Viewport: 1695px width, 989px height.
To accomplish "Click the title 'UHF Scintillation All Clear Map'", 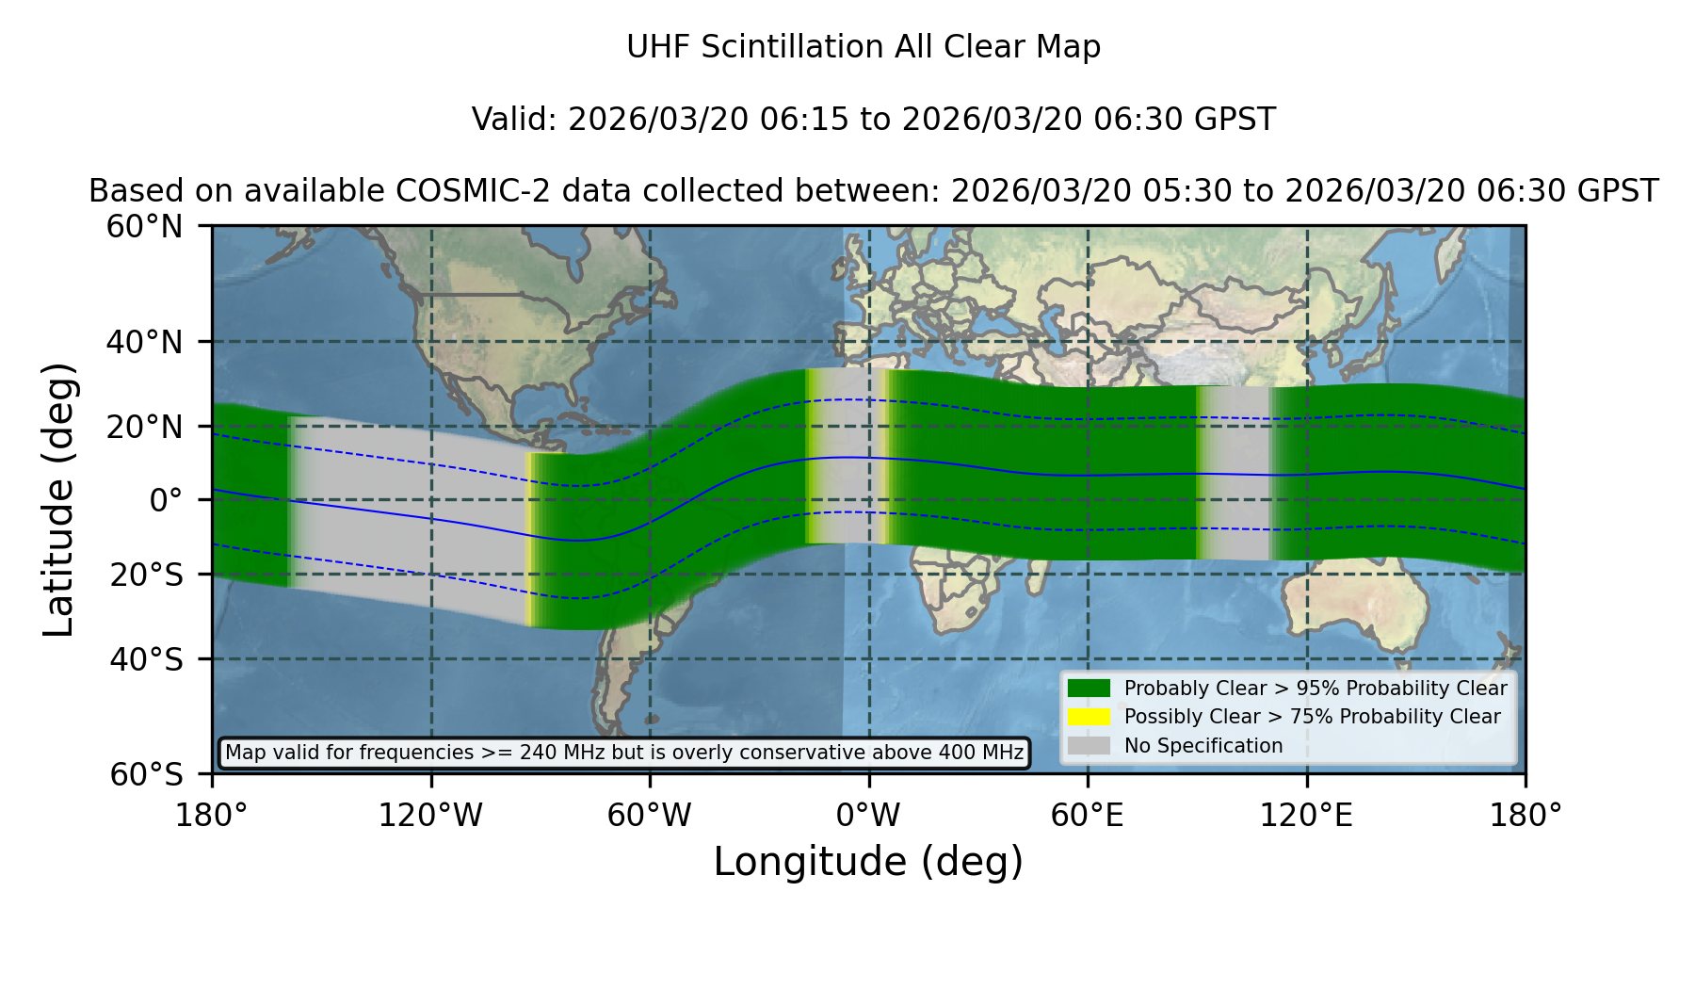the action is [864, 47].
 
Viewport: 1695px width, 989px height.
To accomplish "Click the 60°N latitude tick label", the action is [144, 227].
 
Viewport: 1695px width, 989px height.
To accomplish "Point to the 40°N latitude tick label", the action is [144, 342].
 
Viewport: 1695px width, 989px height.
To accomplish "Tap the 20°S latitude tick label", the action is [146, 575].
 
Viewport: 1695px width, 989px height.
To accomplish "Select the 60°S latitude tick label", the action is [146, 775].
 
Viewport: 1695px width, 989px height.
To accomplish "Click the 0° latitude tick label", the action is [166, 500].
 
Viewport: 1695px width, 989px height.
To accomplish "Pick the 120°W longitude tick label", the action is [430, 815].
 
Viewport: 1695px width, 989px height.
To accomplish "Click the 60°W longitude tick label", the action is [650, 815].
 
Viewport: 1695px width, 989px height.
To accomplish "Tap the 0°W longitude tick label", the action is [868, 815].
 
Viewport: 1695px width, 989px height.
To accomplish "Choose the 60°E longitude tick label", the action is [1088, 815].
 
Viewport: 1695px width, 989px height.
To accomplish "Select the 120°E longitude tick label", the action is [1307, 815].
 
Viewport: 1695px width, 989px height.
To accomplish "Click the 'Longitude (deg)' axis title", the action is [868, 862].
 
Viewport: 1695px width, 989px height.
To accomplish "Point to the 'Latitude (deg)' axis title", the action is [58, 499].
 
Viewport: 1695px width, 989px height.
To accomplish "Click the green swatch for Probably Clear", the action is [1090, 689].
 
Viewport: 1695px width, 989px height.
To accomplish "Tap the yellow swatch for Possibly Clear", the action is [1090, 717].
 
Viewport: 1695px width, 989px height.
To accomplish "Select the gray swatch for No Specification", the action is [1090, 746].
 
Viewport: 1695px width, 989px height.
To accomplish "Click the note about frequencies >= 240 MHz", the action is [624, 753].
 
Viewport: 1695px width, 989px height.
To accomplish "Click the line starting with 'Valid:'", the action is [874, 120].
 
